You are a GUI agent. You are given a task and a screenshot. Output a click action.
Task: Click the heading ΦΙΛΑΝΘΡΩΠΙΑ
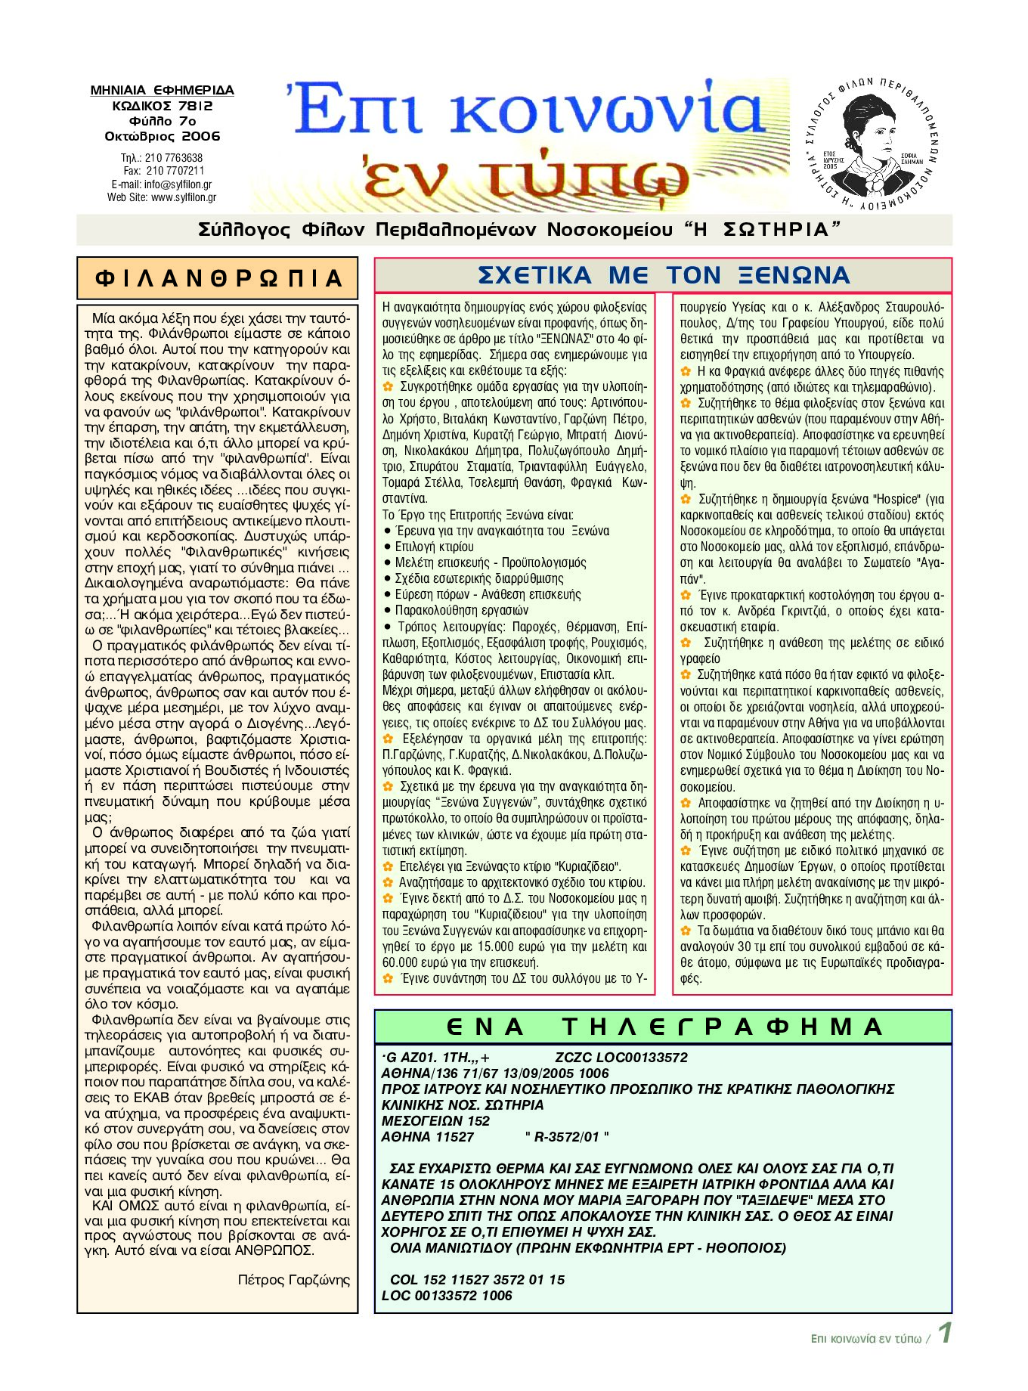tap(218, 279)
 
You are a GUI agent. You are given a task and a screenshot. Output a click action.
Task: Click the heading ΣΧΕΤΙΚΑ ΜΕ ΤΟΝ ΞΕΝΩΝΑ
tap(664, 275)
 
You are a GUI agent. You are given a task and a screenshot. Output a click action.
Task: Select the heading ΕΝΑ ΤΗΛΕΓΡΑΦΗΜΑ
tap(664, 1027)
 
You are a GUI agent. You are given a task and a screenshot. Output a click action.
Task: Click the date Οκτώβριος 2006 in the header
tap(163, 137)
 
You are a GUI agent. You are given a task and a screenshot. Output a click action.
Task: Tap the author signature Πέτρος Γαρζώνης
tap(294, 1280)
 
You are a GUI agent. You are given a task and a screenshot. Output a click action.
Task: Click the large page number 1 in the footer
tap(945, 1334)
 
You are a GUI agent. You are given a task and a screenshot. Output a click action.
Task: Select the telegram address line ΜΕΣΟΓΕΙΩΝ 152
tap(435, 1121)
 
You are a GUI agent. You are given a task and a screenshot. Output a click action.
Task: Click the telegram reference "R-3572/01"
tap(567, 1137)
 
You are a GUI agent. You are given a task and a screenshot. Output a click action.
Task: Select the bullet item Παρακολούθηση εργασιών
tap(461, 610)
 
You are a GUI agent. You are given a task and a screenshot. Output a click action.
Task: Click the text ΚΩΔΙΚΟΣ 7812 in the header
tap(163, 107)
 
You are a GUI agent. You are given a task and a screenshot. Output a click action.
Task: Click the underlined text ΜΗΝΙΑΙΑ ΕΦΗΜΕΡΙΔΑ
tap(163, 91)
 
